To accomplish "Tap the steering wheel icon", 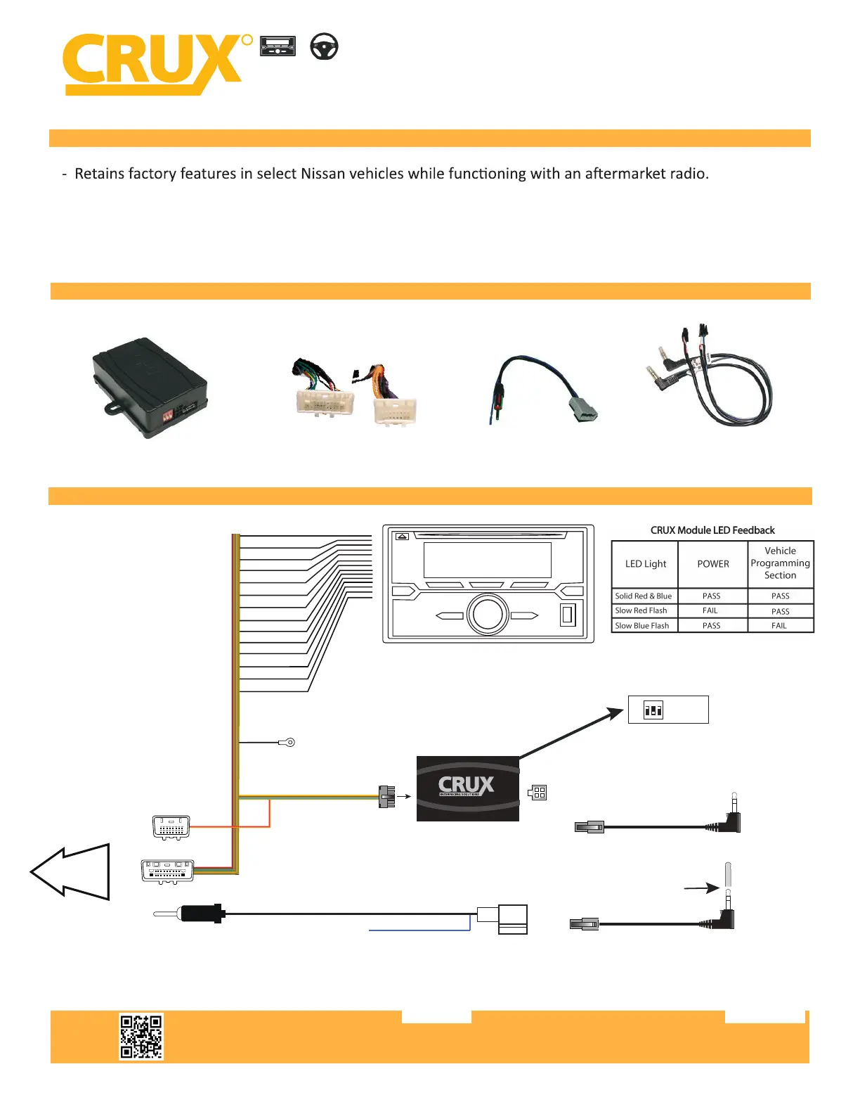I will click(x=324, y=46).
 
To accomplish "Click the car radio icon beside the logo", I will click(x=278, y=46).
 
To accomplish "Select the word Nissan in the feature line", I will click(x=322, y=174).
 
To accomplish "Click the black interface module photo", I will click(x=150, y=388).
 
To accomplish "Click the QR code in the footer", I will click(x=141, y=1036).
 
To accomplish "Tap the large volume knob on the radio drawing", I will click(x=488, y=613).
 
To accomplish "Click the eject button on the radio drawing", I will click(x=402, y=536).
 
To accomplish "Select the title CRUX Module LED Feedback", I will click(x=712, y=530).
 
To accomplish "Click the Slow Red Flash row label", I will click(x=641, y=610).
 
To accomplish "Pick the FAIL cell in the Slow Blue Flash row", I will click(x=779, y=625).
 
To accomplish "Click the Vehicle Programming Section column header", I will click(x=780, y=563).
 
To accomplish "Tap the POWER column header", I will click(x=712, y=564).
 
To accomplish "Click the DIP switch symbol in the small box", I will click(x=653, y=710).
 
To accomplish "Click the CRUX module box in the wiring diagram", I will click(x=467, y=788).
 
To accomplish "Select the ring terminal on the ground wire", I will click(x=287, y=742).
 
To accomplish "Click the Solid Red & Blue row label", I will click(x=643, y=596).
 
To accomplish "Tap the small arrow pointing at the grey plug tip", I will click(x=701, y=889).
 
